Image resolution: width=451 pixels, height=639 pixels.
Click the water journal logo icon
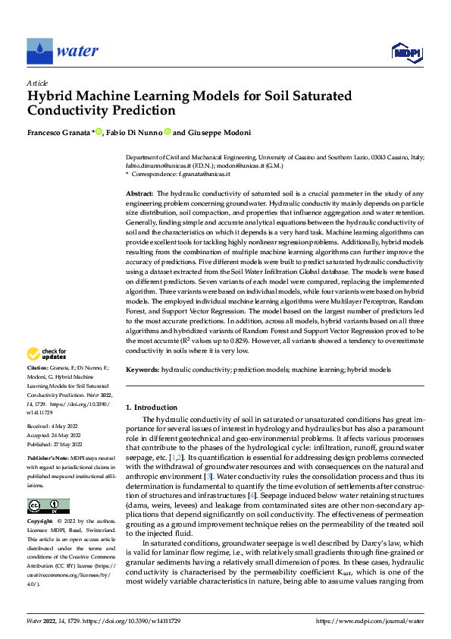39,51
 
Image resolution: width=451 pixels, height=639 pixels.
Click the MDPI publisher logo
406,52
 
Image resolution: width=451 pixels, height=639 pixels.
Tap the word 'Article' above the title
37,83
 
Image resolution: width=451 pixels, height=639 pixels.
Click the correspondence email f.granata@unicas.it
192,174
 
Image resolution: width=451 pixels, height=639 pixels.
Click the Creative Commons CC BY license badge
48,485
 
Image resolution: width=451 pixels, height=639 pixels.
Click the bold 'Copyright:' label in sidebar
41,502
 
